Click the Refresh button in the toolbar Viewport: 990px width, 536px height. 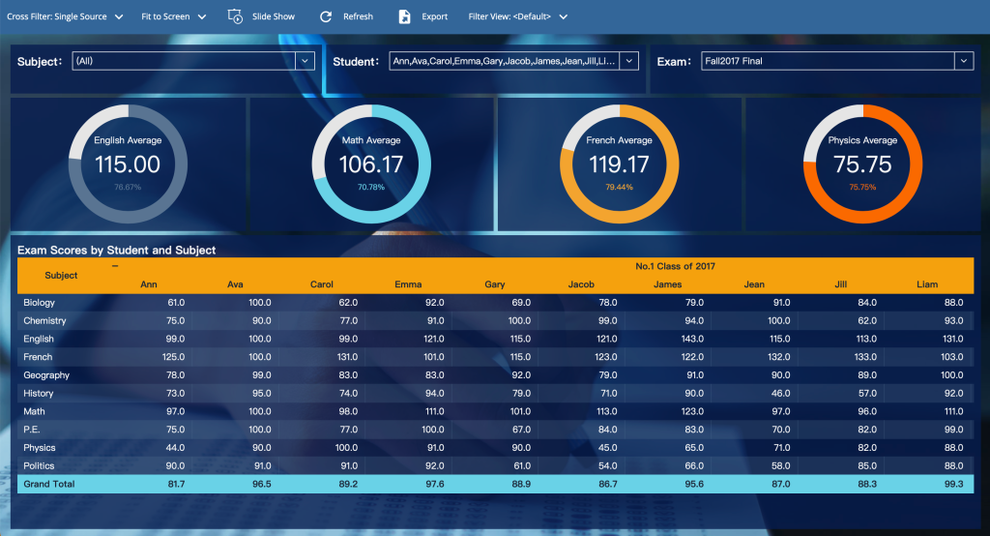[x=347, y=16]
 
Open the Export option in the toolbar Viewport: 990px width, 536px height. [x=423, y=16]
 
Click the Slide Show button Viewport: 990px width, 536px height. [x=261, y=16]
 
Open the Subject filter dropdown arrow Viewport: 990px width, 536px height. [x=305, y=61]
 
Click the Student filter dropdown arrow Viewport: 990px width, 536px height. [x=628, y=61]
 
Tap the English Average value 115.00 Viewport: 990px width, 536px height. [x=128, y=165]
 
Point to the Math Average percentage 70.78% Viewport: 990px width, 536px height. [x=371, y=187]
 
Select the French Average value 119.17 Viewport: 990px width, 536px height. [x=619, y=165]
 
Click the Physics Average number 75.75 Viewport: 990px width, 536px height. [x=862, y=165]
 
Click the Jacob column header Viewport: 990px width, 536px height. [x=581, y=284]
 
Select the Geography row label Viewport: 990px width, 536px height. [x=46, y=375]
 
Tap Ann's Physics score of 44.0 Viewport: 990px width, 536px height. [x=175, y=448]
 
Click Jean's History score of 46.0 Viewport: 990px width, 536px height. [x=780, y=393]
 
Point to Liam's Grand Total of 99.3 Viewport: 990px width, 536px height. [x=953, y=484]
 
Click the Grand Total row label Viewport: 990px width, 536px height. [x=49, y=484]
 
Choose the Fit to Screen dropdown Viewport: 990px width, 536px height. [x=174, y=16]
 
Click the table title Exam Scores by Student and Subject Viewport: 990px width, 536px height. [x=117, y=251]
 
